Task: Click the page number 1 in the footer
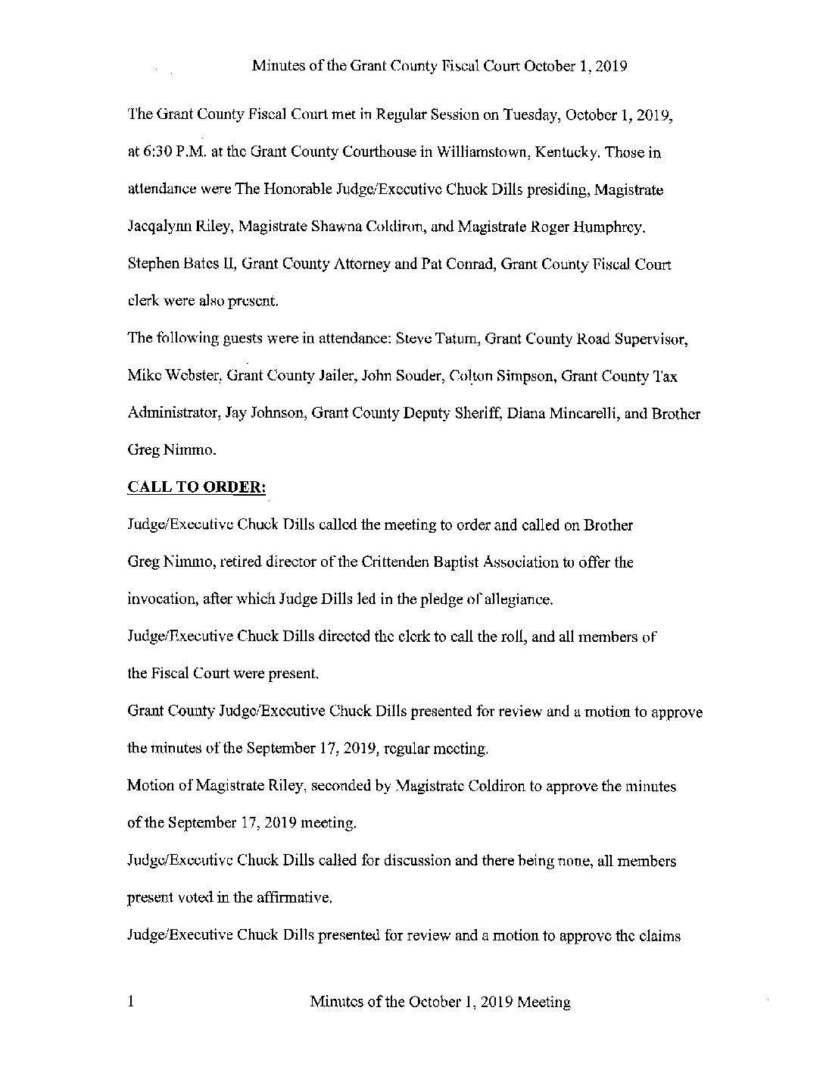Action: tap(132, 1003)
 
